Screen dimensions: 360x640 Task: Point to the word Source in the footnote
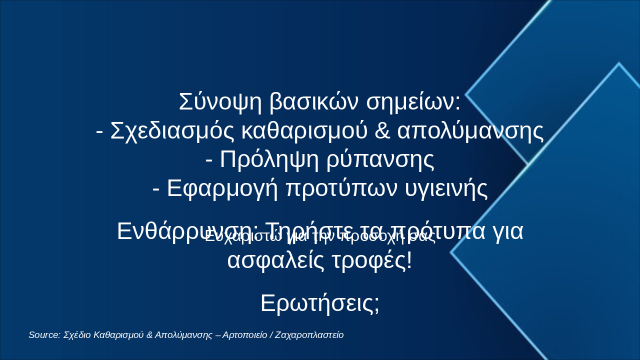click(x=44, y=335)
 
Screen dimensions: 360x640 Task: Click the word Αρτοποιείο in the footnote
click(x=244, y=335)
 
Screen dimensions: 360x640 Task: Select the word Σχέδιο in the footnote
click(x=77, y=335)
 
